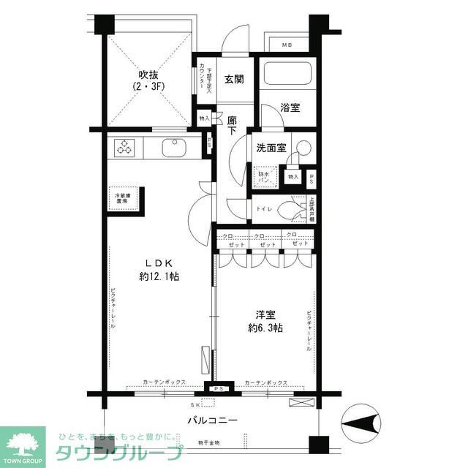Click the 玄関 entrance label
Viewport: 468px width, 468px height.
233,79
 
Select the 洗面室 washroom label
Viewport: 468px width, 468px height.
270,147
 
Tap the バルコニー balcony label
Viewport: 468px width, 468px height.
213,421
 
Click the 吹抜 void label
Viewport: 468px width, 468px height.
149,75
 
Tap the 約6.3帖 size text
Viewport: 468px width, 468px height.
265,328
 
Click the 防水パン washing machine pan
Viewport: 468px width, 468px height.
264,176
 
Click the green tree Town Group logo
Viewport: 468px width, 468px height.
22,442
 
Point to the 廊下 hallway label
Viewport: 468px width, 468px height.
233,126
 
